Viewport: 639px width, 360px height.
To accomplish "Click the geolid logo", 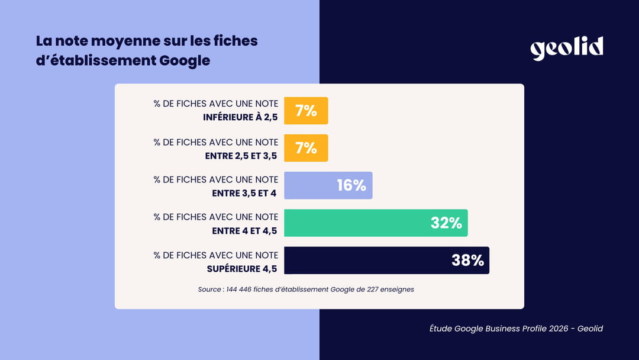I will point(566,48).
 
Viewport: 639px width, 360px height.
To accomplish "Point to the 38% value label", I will point(468,261).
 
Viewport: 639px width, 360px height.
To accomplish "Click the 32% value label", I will point(446,223).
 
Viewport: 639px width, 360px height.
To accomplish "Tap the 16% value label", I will point(351,185).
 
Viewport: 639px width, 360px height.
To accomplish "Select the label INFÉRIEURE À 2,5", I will point(240,117).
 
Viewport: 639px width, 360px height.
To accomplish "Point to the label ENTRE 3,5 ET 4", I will point(245,193).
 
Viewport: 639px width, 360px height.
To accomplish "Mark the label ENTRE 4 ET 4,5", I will point(245,231).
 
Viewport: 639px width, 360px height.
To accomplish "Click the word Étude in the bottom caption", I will point(441,328).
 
